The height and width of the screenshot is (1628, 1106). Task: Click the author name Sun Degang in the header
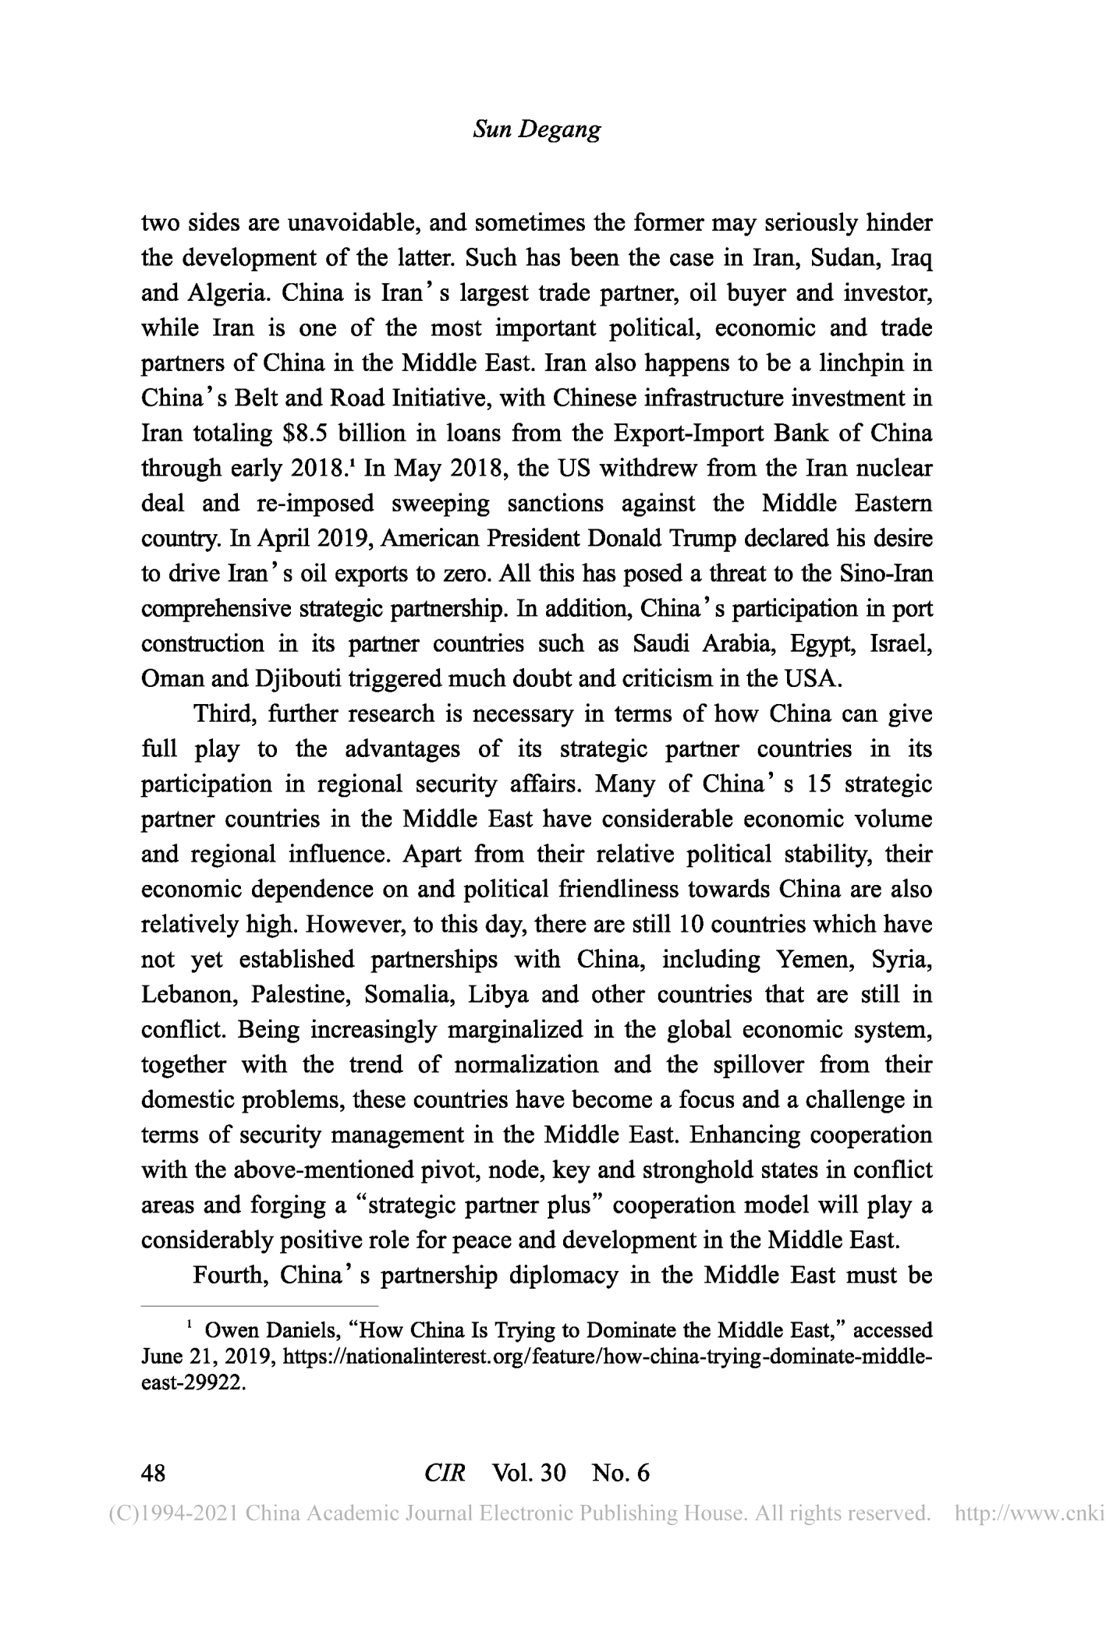click(537, 129)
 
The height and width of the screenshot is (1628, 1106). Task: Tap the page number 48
click(153, 1472)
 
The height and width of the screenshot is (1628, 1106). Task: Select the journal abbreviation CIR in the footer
click(445, 1472)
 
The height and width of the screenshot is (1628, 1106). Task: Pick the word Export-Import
click(682, 433)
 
